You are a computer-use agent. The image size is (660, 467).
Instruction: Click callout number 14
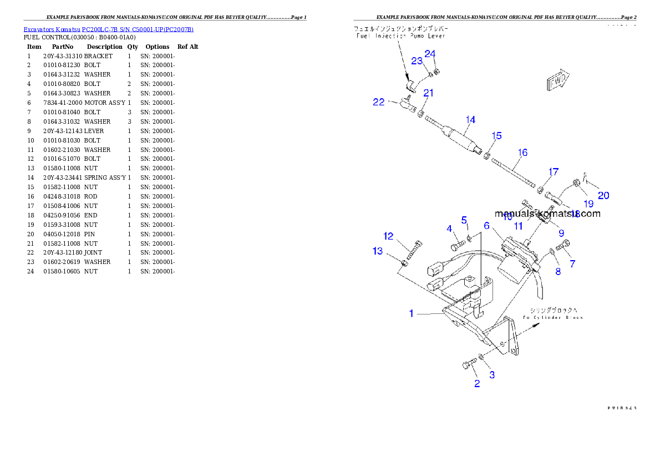[470, 120]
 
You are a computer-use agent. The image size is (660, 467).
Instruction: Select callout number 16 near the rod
[522, 153]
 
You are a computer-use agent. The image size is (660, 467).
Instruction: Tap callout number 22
[379, 102]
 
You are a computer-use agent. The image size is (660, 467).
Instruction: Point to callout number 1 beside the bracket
[412, 314]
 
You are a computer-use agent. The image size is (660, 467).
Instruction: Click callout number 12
[388, 236]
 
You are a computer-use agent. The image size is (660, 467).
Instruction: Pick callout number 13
[378, 251]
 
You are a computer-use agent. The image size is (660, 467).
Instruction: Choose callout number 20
[603, 195]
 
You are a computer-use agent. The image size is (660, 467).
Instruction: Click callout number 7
[572, 264]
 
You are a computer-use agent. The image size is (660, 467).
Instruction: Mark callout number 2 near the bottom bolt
[477, 383]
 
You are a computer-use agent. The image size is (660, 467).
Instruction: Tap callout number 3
[492, 375]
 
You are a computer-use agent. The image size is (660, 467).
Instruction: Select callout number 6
[486, 226]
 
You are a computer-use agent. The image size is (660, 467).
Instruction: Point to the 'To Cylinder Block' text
[552, 317]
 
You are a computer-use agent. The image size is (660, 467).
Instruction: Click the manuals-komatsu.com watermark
[547, 214]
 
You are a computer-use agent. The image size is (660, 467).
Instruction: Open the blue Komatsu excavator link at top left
[108, 29]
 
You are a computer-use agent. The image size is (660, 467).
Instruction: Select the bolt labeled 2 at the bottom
[469, 364]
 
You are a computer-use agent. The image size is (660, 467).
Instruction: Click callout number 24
[430, 54]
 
